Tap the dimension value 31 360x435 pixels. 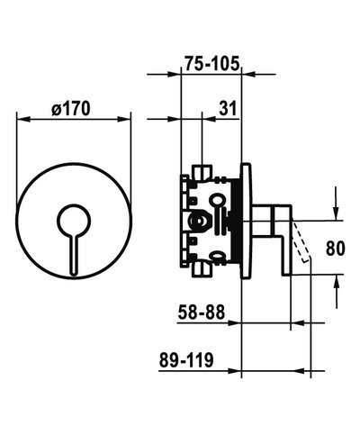point(229,107)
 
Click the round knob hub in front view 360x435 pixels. point(74,219)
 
